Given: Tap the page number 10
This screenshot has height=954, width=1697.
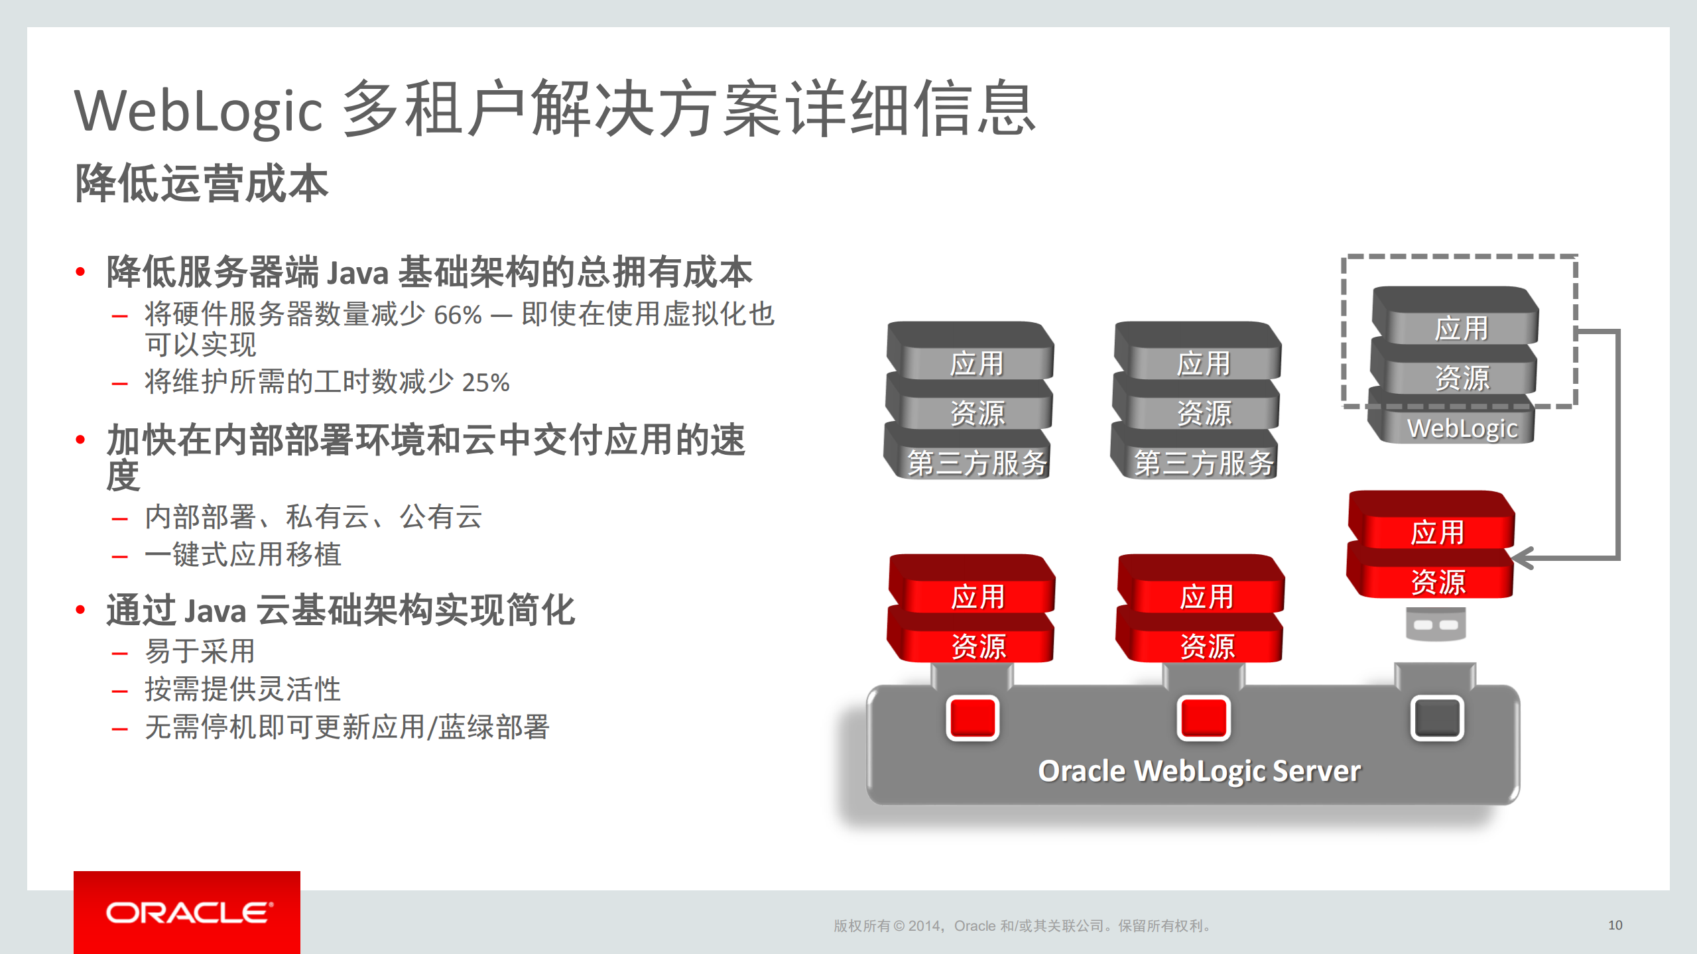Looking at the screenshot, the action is tap(1615, 925).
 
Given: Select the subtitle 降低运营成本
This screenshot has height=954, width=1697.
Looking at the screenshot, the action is tap(202, 183).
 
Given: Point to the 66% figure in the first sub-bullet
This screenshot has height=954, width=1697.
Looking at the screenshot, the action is tap(458, 315).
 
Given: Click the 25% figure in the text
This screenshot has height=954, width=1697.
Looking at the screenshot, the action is tap(485, 383).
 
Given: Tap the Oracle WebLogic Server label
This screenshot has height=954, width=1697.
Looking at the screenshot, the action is tap(1199, 771).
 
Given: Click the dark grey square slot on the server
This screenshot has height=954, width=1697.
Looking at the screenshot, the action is tap(1436, 717).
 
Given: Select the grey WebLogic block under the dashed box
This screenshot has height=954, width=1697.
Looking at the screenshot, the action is tap(1462, 428).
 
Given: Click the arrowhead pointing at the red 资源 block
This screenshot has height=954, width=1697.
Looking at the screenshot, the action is tap(1522, 558).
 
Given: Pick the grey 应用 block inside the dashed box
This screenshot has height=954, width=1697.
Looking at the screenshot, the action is tap(1461, 328).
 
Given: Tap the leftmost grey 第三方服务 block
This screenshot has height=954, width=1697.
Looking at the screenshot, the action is tap(977, 462).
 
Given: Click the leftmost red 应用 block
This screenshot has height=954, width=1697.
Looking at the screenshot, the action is tap(977, 596).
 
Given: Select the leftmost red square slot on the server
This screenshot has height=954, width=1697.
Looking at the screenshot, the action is tap(972, 717).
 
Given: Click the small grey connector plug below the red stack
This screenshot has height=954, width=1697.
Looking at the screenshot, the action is tap(1436, 625).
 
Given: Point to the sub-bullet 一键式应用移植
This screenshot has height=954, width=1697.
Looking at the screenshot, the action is tap(243, 554).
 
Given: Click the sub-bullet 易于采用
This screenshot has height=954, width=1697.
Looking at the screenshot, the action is tap(200, 651).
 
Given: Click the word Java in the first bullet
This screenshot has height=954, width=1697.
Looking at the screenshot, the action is tap(357, 273).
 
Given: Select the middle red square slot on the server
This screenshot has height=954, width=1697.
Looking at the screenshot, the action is tap(1203, 717).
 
